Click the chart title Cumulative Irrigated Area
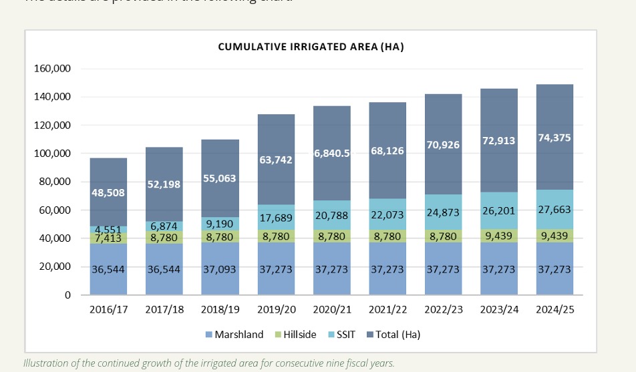pos(311,47)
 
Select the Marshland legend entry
pos(239,334)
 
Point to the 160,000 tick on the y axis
pos(52,69)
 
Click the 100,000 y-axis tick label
pos(52,154)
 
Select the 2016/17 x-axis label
pos(109,310)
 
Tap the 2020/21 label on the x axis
pos(332,310)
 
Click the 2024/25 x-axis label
pos(554,310)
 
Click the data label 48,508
pos(109,192)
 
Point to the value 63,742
pos(276,160)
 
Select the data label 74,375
pos(554,138)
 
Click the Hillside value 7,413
pos(109,238)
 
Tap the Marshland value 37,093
pos(220,269)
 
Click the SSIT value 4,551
pos(109,230)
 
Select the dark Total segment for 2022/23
pos(443,120)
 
